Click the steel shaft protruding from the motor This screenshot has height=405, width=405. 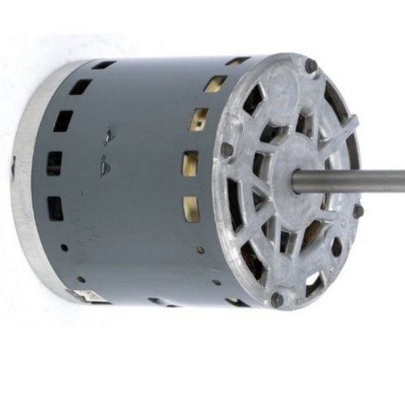click(x=356, y=177)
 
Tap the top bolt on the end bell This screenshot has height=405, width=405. click(x=310, y=65)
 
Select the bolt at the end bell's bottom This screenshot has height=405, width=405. click(x=277, y=299)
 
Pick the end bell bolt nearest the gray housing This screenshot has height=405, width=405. click(x=227, y=149)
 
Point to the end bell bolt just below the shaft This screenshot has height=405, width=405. click(x=357, y=212)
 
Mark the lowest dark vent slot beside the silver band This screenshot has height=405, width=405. click(x=55, y=208)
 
